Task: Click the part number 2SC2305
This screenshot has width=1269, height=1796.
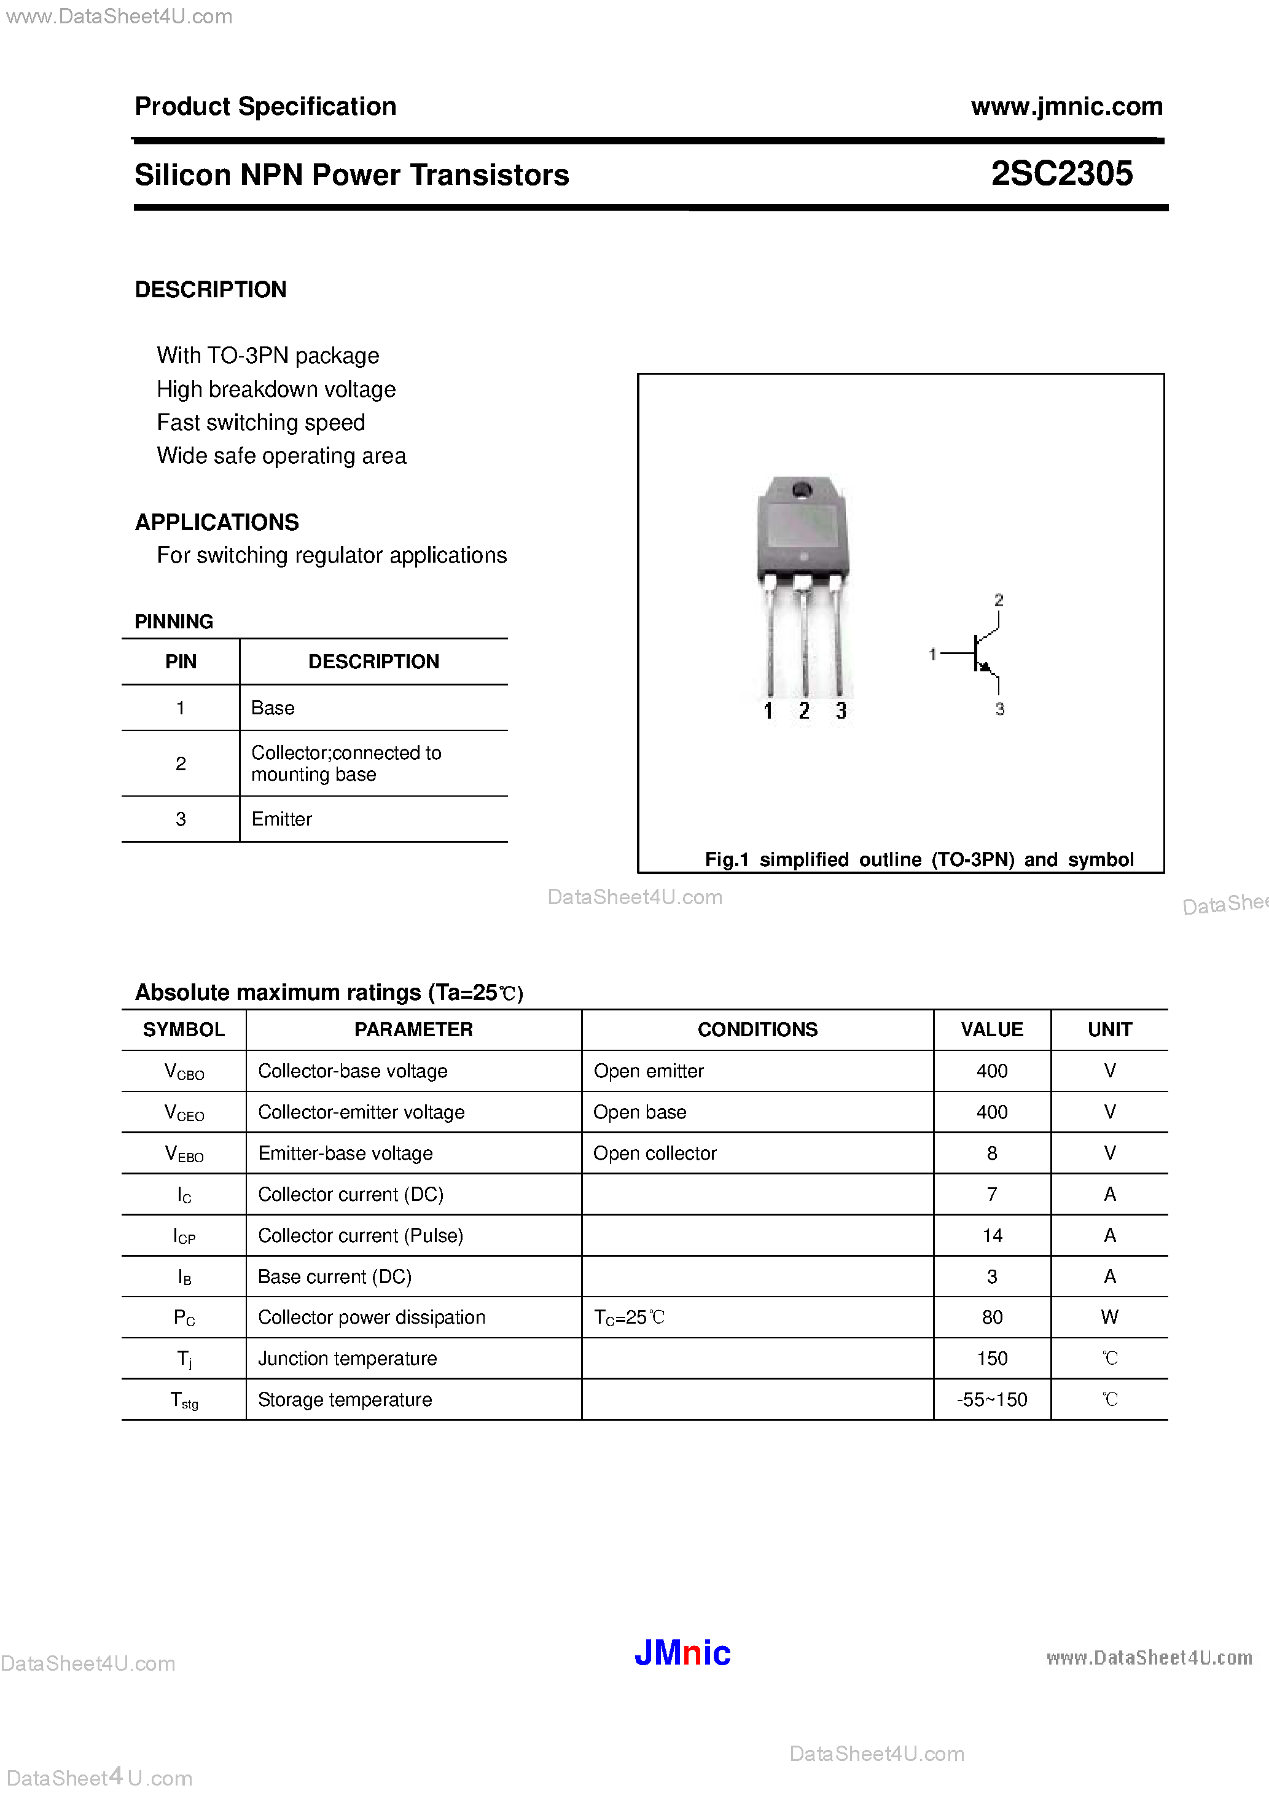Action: pyautogui.click(x=1061, y=174)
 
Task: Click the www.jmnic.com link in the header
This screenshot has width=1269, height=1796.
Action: pyautogui.click(x=1066, y=106)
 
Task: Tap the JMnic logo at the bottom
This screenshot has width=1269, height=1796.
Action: pyautogui.click(x=682, y=1652)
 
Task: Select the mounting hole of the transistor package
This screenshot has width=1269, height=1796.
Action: pyautogui.click(x=801, y=490)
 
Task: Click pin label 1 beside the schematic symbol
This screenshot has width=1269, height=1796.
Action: pyautogui.click(x=932, y=654)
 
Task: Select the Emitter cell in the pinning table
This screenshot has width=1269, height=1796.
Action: pyautogui.click(x=282, y=819)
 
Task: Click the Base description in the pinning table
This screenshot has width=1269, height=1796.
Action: pyautogui.click(x=273, y=708)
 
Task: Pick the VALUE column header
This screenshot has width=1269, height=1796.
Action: pyautogui.click(x=991, y=1029)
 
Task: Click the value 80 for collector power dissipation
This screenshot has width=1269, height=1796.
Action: pyautogui.click(x=991, y=1318)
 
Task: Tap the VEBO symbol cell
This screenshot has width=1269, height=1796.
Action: pyautogui.click(x=184, y=1154)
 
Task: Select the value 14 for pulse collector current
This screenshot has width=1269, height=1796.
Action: pyautogui.click(x=991, y=1235)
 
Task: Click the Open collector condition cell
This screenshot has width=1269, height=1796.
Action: pyautogui.click(x=655, y=1153)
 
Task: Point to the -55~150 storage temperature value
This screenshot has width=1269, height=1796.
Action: pyautogui.click(x=991, y=1399)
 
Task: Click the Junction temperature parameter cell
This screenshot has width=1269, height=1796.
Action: pyautogui.click(x=348, y=1359)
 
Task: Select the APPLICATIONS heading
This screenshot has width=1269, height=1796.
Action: pyautogui.click(x=217, y=521)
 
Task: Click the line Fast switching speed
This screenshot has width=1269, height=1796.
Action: pyautogui.click(x=260, y=423)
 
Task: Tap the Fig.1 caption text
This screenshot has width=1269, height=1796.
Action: pyautogui.click(x=918, y=860)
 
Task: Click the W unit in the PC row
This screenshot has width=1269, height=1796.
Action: pyautogui.click(x=1109, y=1318)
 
